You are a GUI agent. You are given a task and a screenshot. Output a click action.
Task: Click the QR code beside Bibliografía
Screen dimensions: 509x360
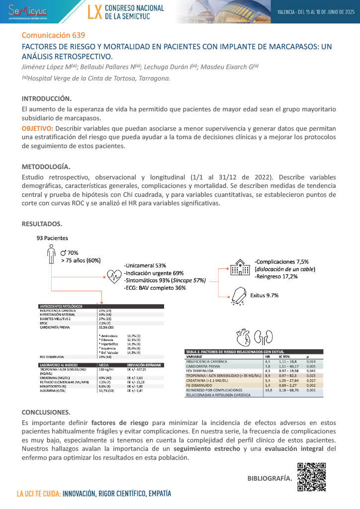(312, 477)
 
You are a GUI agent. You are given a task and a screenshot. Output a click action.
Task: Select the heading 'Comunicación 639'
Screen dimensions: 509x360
(54, 35)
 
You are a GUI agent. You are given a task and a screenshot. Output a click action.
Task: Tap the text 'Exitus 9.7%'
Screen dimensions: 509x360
(264, 295)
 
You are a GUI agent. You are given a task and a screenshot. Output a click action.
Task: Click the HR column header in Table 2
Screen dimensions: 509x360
(267, 356)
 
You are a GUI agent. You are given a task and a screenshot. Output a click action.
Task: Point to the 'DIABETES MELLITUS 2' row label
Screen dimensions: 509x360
(59, 319)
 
